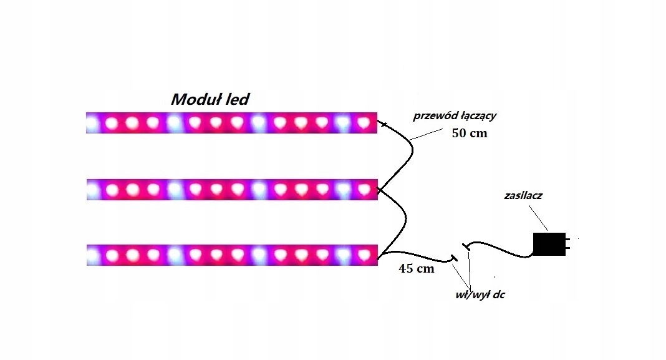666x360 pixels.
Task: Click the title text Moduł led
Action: click(211, 99)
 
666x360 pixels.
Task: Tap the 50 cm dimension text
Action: click(468, 133)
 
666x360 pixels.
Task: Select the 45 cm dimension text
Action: click(415, 270)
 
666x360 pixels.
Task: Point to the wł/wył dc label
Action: click(480, 294)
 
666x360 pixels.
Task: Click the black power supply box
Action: click(548, 243)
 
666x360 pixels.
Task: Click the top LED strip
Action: click(231, 123)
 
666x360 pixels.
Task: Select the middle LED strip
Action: click(231, 189)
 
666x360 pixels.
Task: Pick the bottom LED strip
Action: click(231, 255)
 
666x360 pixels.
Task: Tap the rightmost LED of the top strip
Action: click(363, 124)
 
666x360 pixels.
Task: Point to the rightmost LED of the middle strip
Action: click(363, 188)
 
